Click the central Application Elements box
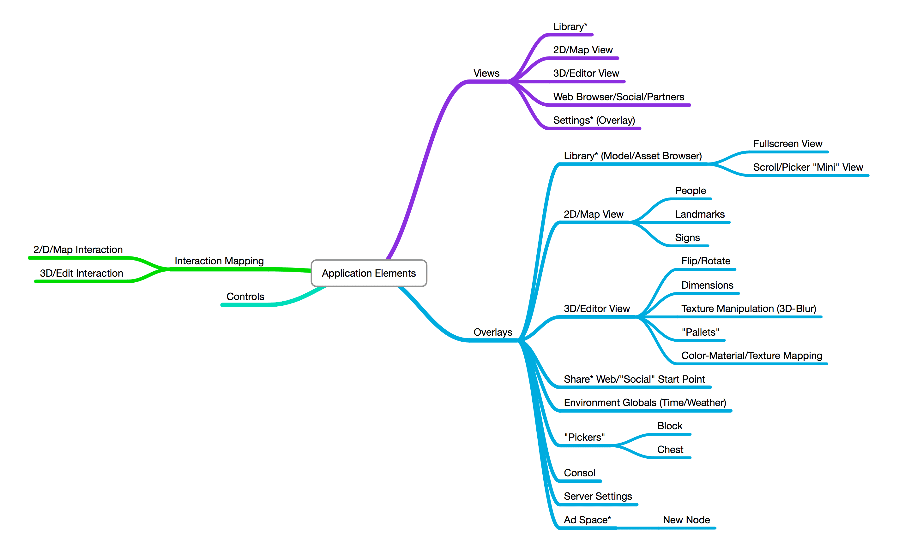coord(369,273)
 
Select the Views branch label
coord(486,73)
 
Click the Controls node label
coord(245,296)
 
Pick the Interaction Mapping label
coord(219,261)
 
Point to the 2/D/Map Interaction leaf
coord(78,250)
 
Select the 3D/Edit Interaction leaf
coord(81,273)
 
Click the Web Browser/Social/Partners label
coord(618,97)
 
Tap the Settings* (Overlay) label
coord(594,120)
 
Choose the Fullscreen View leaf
coord(787,144)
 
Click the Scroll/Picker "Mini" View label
coord(808,167)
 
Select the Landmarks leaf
coord(699,214)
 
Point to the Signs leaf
coord(687,238)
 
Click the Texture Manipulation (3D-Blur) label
coord(748,309)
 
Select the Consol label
coord(579,473)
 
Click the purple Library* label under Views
coord(570,26)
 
